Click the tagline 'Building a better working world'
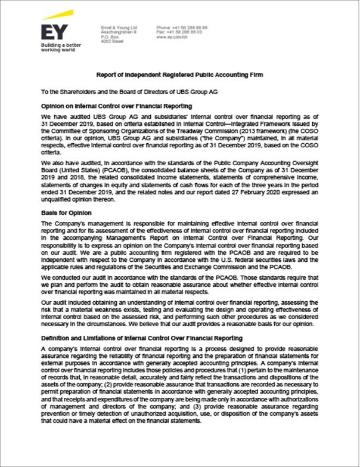(60, 48)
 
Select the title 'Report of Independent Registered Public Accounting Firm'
(179, 75)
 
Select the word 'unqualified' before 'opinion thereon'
(59, 201)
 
